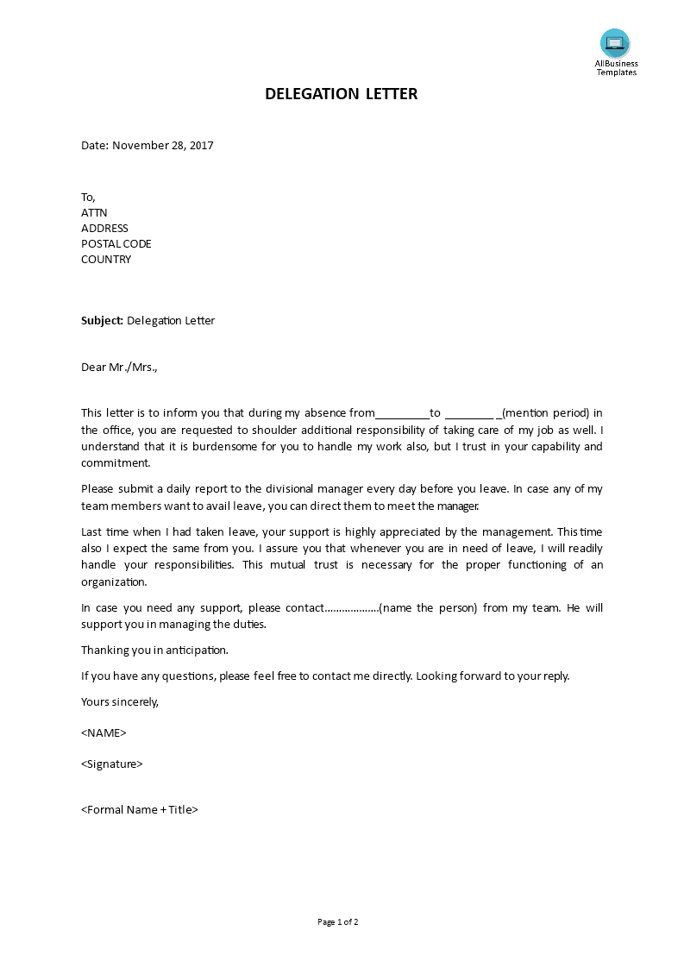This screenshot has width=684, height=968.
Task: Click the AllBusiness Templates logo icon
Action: click(x=615, y=43)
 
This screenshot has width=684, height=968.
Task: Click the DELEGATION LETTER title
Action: click(x=342, y=94)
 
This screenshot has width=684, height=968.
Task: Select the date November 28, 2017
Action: click(x=163, y=146)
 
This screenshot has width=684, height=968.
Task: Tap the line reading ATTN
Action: click(x=94, y=213)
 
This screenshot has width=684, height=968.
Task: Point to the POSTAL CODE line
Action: click(x=116, y=244)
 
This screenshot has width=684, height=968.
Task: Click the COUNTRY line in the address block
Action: click(x=106, y=260)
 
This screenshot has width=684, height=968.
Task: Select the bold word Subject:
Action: click(x=103, y=321)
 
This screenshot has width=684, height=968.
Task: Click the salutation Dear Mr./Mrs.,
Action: click(x=120, y=368)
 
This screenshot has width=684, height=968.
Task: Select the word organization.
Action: click(x=115, y=582)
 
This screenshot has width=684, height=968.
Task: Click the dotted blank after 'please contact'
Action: click(x=351, y=608)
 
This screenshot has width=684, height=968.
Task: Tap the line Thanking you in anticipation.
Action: click(x=154, y=651)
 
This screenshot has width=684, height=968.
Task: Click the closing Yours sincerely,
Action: click(x=120, y=701)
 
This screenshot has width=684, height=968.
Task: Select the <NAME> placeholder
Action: click(x=104, y=733)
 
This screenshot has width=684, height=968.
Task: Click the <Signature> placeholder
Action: click(x=112, y=764)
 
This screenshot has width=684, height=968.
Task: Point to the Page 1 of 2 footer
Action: click(x=338, y=922)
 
